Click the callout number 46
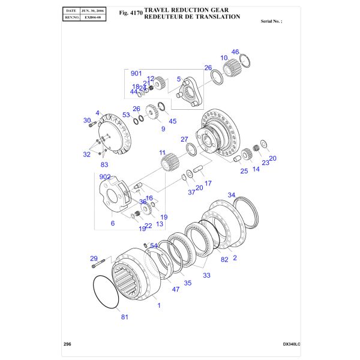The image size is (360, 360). tap(235, 52)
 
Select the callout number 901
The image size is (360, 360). tap(136, 73)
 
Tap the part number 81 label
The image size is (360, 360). tap(124, 317)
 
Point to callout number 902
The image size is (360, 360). tap(105, 178)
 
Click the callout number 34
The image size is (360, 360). tap(232, 195)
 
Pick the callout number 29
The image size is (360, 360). tap(94, 259)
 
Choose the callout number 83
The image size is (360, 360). tap(104, 164)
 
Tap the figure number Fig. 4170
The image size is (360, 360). tap(131, 13)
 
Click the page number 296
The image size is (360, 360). tap(67, 344)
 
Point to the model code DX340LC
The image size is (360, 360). tap(292, 344)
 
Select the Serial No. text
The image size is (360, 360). tap(271, 21)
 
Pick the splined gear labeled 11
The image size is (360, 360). tap(170, 161)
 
